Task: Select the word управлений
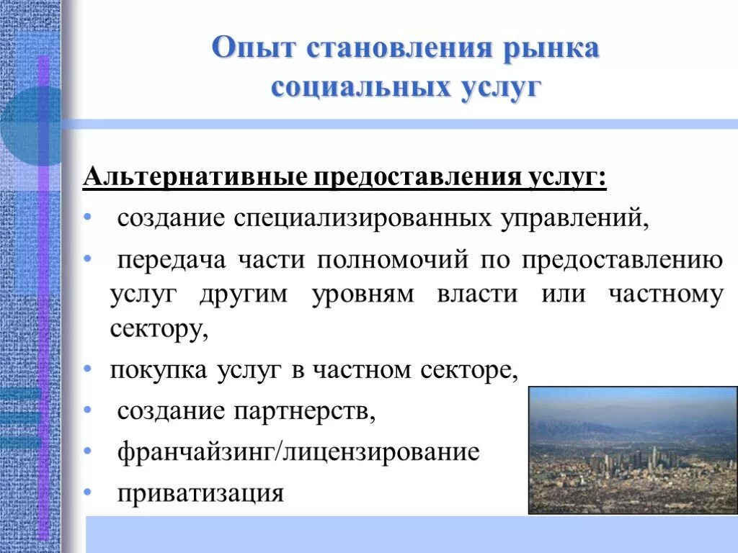tap(574, 217)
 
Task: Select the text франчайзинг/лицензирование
tap(298, 452)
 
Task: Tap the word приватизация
tap(201, 494)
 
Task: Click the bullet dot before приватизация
tap(87, 493)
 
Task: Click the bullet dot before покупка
tap(87, 369)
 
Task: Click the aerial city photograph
tap(633, 450)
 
